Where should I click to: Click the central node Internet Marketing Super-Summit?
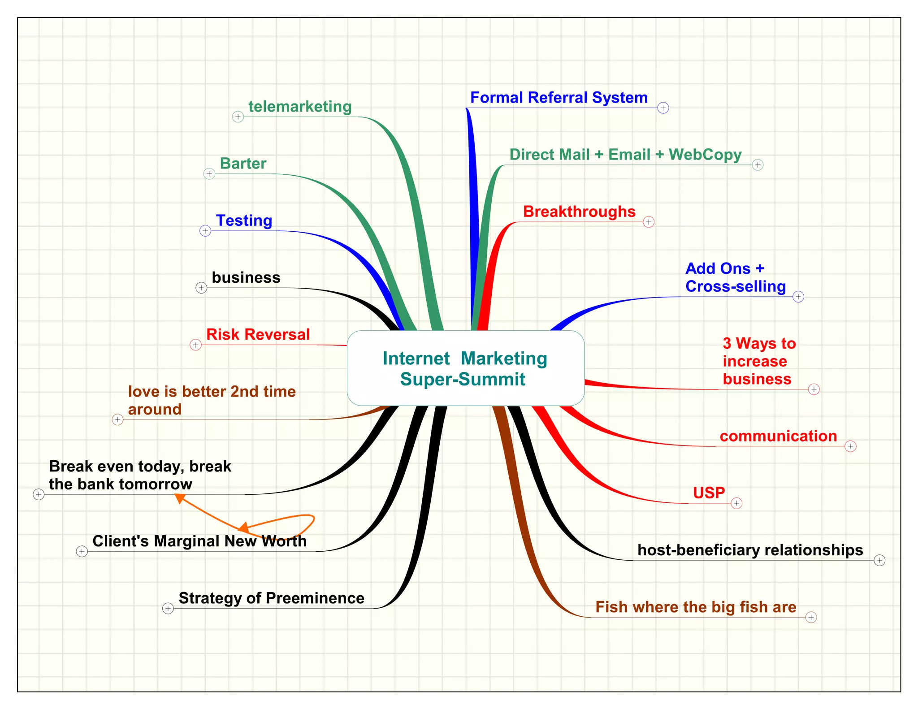tap(465, 368)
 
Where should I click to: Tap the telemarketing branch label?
tap(300, 107)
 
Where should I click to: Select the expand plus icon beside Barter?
tap(209, 173)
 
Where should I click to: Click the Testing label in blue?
tap(244, 220)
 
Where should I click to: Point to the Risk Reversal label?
tap(258, 334)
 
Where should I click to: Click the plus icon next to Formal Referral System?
tap(663, 108)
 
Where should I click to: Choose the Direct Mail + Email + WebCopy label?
tap(625, 155)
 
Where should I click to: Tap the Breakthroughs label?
tap(579, 212)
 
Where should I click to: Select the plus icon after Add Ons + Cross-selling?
tap(798, 297)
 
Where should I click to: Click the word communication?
tap(778, 436)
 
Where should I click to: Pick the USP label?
tap(709, 493)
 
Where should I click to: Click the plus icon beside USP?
tap(736, 503)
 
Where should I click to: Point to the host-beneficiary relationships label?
tap(750, 550)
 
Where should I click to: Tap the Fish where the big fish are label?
tap(696, 607)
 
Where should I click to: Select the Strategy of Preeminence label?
tap(271, 598)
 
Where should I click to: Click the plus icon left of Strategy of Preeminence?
tap(168, 608)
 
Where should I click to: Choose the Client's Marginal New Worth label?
tap(199, 541)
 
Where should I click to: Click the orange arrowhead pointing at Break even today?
tap(180, 497)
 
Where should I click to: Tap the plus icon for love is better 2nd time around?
tap(117, 419)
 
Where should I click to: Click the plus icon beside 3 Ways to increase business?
tap(814, 389)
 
